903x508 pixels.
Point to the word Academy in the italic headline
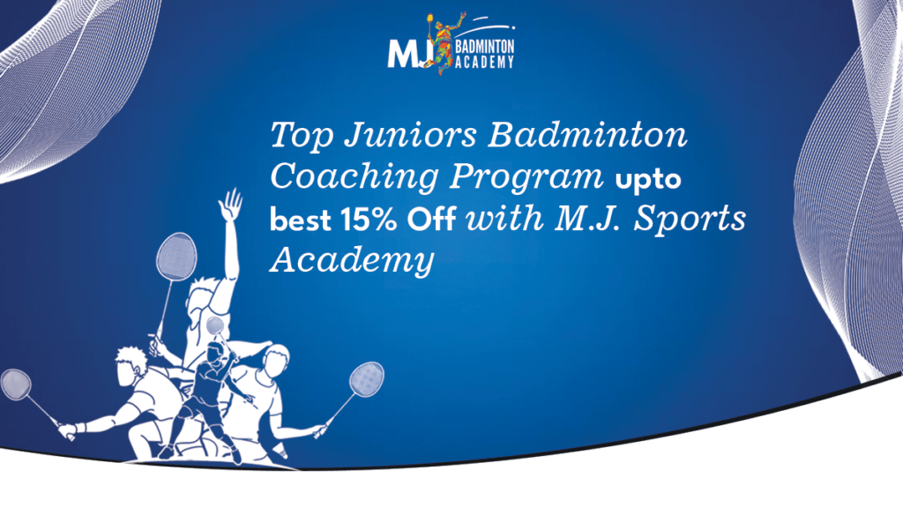click(x=352, y=260)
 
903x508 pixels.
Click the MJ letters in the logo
click(x=407, y=52)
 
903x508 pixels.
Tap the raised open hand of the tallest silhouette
click(x=231, y=205)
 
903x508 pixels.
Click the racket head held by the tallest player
click(x=175, y=256)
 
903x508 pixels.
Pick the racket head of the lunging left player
click(x=16, y=384)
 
